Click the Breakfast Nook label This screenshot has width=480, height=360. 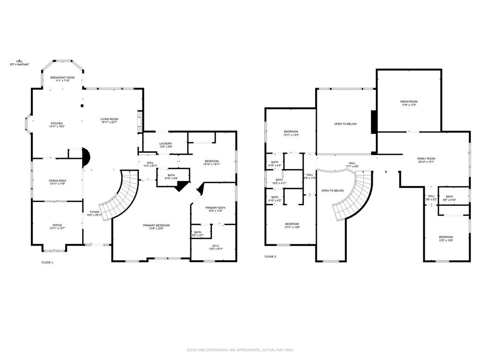[62, 79]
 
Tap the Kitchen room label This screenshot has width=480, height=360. [56, 125]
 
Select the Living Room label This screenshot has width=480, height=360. [109, 120]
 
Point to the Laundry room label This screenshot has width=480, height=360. [166, 145]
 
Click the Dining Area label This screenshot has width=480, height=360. [56, 182]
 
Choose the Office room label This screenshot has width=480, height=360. [56, 226]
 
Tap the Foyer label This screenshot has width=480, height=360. [94, 213]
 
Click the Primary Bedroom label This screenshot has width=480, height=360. [157, 227]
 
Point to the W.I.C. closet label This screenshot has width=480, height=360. [216, 247]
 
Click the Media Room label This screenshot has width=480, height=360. [409, 103]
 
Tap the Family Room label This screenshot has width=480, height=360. [426, 160]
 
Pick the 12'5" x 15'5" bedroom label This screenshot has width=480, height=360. [446, 239]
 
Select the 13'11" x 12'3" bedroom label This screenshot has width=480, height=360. [291, 133]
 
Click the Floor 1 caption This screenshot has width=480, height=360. [47, 262]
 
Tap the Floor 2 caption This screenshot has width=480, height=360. [270, 257]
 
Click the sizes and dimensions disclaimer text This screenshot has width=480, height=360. [240, 350]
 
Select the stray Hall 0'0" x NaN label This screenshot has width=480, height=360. [20, 63]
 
